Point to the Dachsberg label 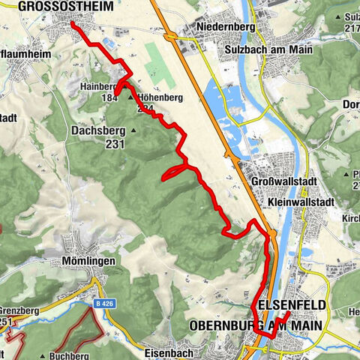coord(97,130)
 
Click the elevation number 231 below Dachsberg coord(115,144)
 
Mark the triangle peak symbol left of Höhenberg coord(130,97)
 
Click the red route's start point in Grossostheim coord(73,24)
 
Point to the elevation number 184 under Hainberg coord(110,97)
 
